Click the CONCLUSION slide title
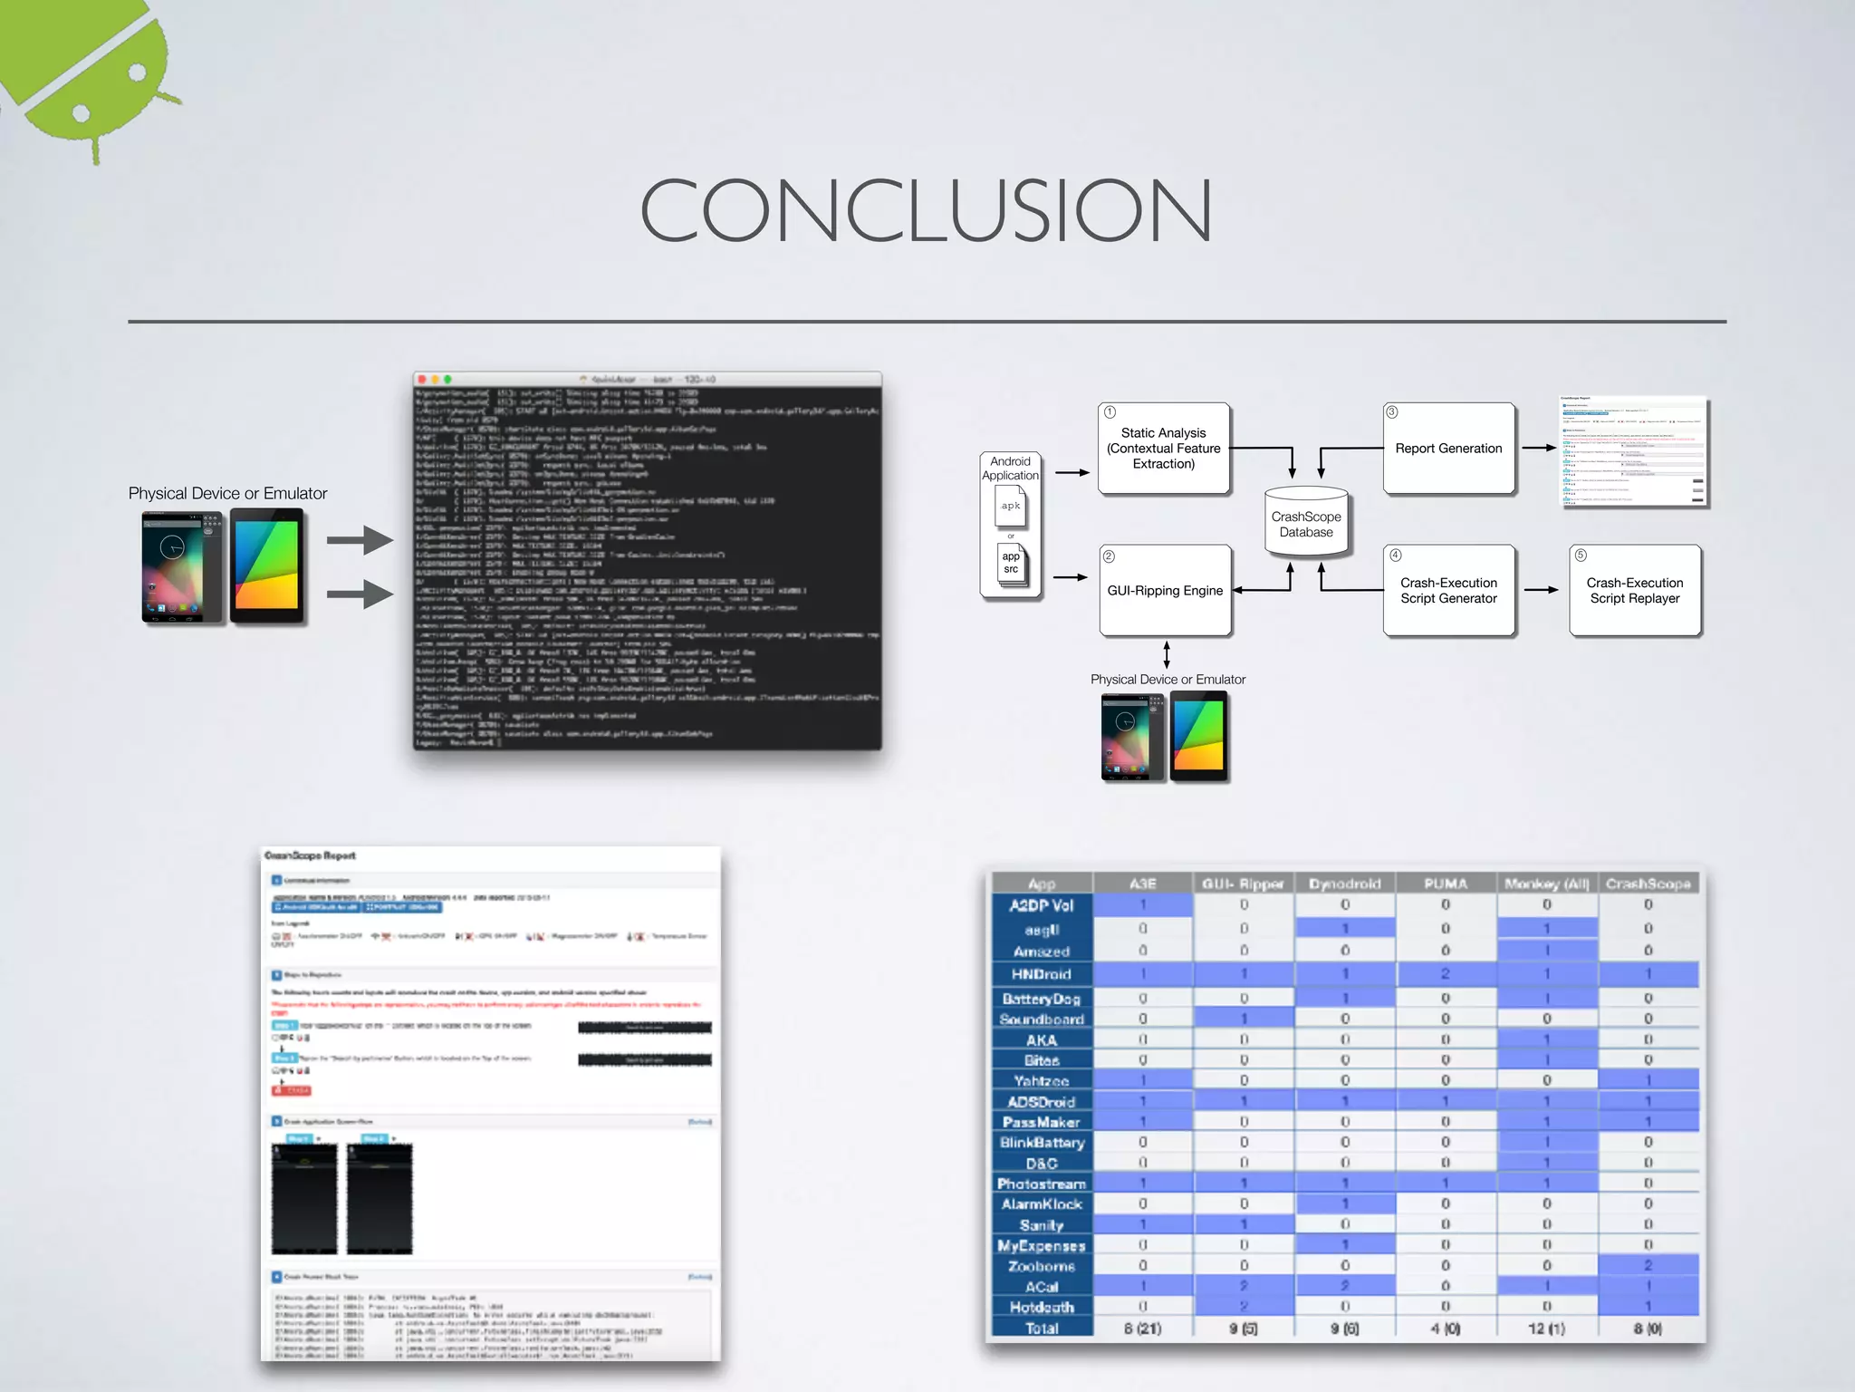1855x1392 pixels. [x=926, y=210]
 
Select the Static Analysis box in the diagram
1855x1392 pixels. [x=1163, y=449]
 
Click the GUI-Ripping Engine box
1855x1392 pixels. [x=1165, y=591]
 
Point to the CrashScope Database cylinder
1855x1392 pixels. [x=1306, y=523]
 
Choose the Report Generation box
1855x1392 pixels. [x=1448, y=449]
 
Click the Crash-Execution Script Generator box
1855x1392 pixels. [x=1448, y=591]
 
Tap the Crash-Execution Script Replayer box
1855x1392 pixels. [x=1634, y=591]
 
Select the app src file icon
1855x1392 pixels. [x=1011, y=564]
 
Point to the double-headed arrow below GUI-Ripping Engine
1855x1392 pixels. [x=1167, y=654]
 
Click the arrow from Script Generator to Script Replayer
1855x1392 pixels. [x=1542, y=590]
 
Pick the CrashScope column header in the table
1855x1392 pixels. [x=1648, y=884]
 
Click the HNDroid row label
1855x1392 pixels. [x=1042, y=974]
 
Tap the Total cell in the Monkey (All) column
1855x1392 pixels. [x=1546, y=1329]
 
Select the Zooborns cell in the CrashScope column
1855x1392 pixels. [x=1648, y=1266]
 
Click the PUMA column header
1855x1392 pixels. [x=1445, y=884]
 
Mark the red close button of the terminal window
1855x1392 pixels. [x=422, y=380]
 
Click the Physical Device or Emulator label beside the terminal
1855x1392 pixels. [x=227, y=494]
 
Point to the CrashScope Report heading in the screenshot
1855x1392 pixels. [x=310, y=855]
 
